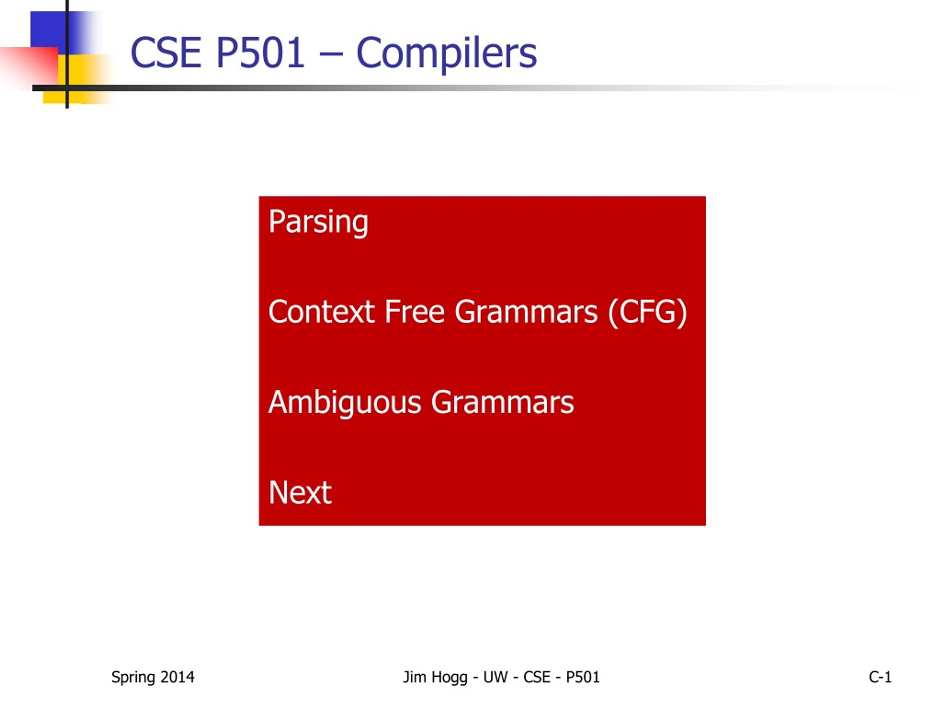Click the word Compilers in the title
[x=447, y=54]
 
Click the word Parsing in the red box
[x=318, y=222]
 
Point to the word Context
[x=322, y=312]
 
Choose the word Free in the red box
[x=415, y=312]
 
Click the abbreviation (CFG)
[x=647, y=313]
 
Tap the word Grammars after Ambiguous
[x=502, y=403]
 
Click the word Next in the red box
[x=300, y=493]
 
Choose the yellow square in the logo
[x=75, y=79]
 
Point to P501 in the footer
[x=583, y=677]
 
